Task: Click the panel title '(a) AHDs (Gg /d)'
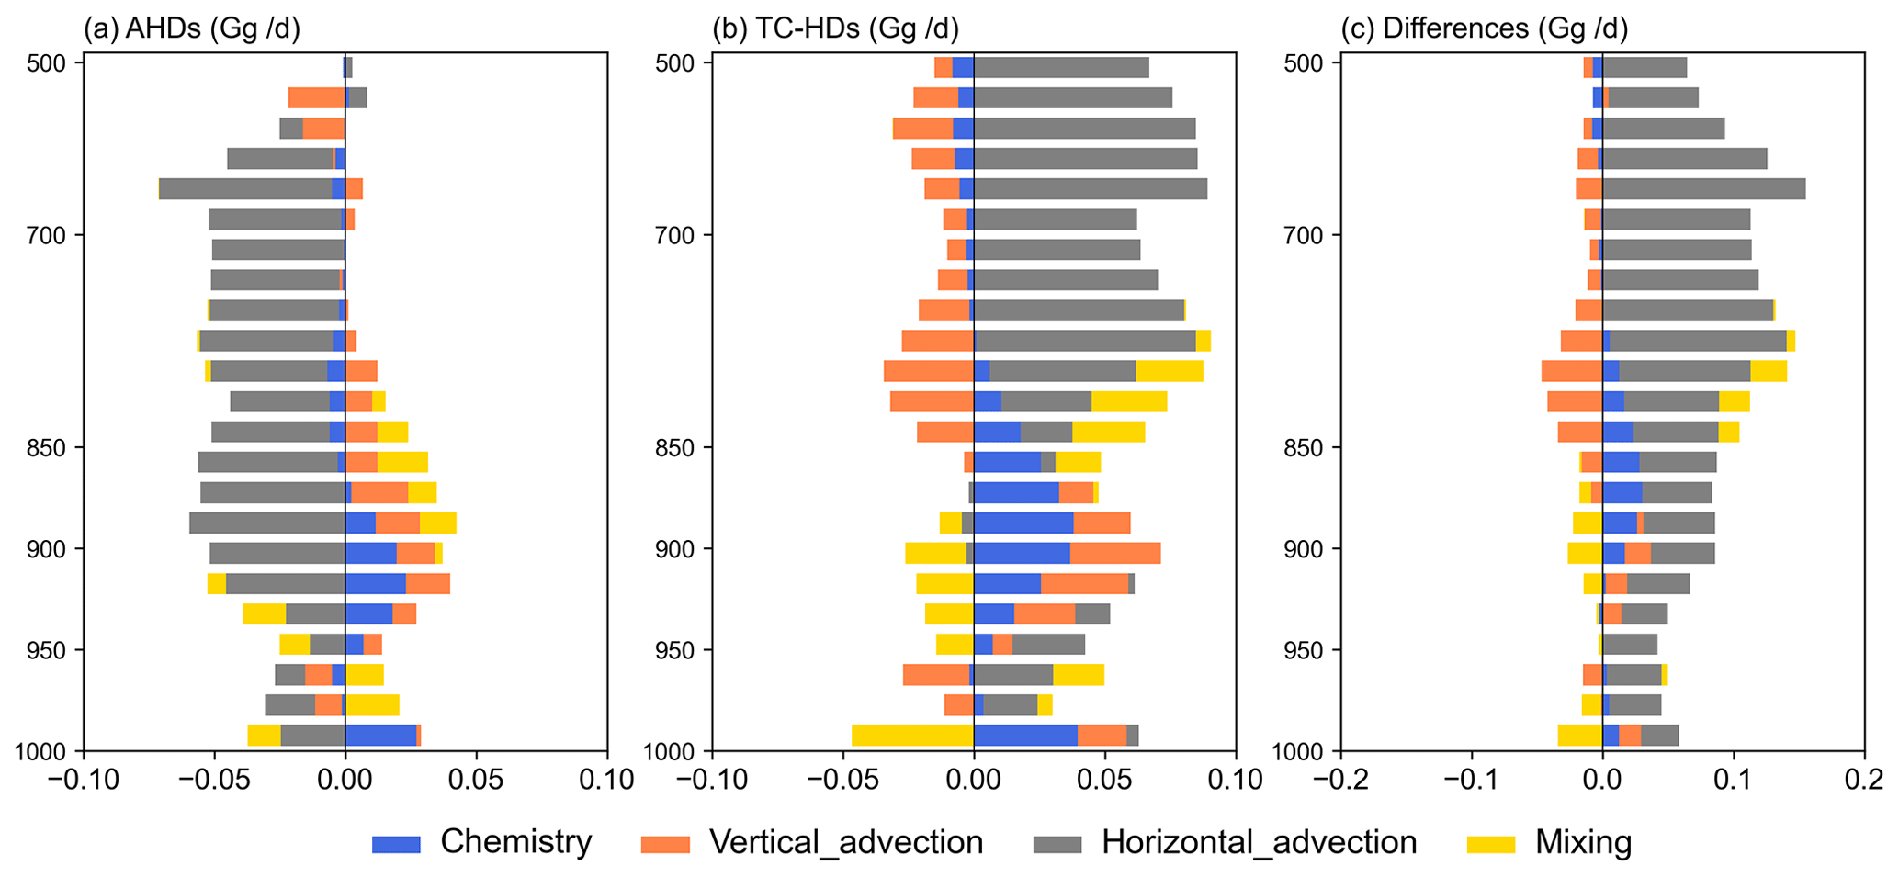point(192,29)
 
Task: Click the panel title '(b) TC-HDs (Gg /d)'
point(835,29)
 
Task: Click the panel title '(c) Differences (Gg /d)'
point(1484,29)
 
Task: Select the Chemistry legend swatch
point(396,844)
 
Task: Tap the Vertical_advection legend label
point(845,842)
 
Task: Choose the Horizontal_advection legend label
point(1259,842)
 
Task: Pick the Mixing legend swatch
point(1492,844)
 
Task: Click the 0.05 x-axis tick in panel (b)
point(1106,781)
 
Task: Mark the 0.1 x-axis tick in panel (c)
point(1734,781)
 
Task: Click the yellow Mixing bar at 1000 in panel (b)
point(912,736)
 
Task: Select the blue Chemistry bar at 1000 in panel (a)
point(380,736)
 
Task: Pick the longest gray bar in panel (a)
point(245,189)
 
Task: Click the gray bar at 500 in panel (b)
point(1061,67)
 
